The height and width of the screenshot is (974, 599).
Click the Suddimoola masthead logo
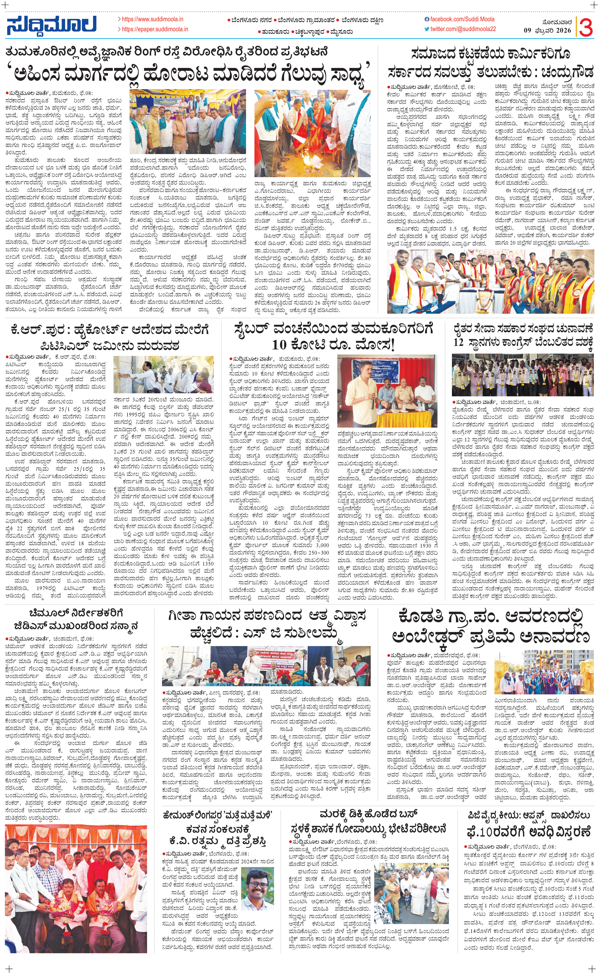[52, 25]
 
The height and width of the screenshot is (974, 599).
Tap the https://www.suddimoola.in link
[152, 19]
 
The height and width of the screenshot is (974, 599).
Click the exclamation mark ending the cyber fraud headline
[392, 344]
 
